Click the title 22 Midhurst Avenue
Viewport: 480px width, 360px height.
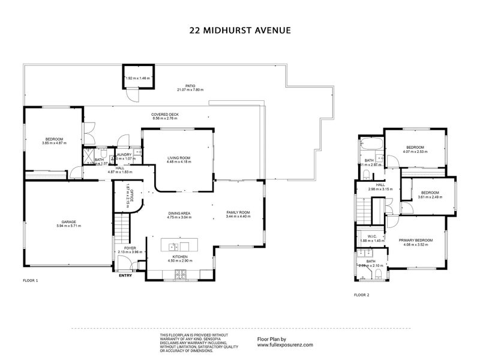coord(240,28)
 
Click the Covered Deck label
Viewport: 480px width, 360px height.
coord(165,114)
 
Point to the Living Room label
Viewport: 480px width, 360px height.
coord(179,158)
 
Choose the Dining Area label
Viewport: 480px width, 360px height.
coord(179,213)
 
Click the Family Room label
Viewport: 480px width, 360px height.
coord(238,213)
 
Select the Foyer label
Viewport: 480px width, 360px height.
coord(130,248)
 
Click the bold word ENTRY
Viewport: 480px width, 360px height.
coord(125,275)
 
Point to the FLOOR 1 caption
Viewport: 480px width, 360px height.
coord(30,281)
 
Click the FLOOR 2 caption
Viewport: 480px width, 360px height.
coord(361,295)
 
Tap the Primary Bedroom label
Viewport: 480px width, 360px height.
coord(414,240)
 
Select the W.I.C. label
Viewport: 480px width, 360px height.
coord(371,236)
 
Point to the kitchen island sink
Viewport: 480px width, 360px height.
coord(172,247)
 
